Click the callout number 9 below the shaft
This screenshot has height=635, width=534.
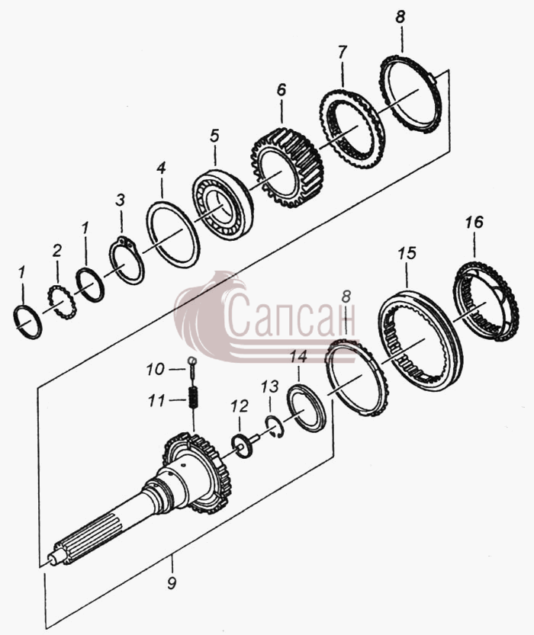pyautogui.click(x=172, y=584)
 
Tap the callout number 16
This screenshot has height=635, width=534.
pyautogui.click(x=474, y=222)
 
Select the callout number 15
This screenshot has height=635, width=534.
pyautogui.click(x=407, y=253)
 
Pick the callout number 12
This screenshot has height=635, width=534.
pyautogui.click(x=239, y=406)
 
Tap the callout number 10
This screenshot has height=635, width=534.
pyautogui.click(x=155, y=369)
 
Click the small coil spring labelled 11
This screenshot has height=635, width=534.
pyautogui.click(x=194, y=398)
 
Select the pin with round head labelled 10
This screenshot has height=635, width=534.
pyautogui.click(x=193, y=367)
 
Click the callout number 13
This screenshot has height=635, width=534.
pyautogui.click(x=270, y=387)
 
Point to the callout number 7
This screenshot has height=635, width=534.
pyautogui.click(x=342, y=53)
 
